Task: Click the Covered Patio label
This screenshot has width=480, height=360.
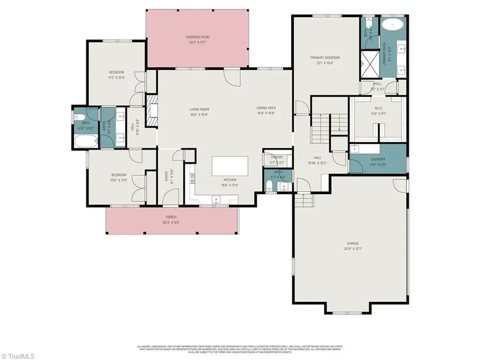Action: [197, 37]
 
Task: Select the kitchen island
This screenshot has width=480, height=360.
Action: [230, 165]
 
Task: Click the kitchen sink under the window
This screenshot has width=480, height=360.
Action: [217, 199]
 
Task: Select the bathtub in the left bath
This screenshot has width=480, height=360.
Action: [86, 141]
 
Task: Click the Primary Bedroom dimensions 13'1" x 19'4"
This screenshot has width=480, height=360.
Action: [325, 63]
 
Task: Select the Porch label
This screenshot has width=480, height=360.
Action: [171, 217]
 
